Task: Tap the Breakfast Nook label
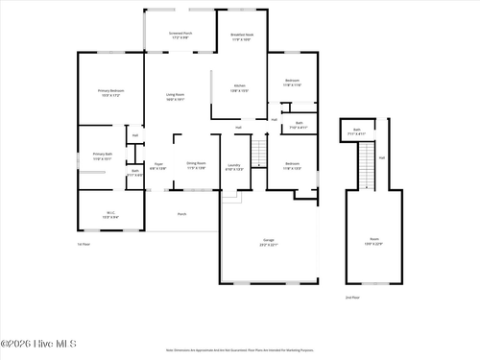click(242, 36)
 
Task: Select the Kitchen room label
click(239, 87)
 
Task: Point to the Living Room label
click(175, 96)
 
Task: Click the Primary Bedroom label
click(111, 92)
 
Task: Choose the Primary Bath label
click(103, 156)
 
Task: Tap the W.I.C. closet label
click(110, 214)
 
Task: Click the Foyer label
click(158, 165)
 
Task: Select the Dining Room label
click(196, 165)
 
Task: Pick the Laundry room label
click(233, 165)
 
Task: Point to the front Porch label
click(181, 214)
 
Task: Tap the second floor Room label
click(373, 242)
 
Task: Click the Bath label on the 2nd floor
click(356, 131)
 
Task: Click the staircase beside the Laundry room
click(257, 152)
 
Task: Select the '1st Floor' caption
click(84, 244)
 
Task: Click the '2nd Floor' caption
click(352, 298)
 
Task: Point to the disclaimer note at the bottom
click(239, 350)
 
